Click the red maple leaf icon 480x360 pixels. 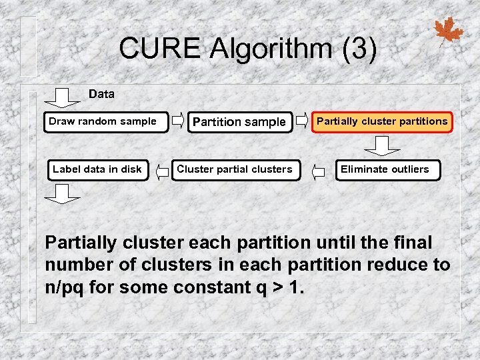click(x=448, y=31)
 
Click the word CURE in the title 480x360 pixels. click(x=159, y=48)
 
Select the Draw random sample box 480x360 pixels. click(x=105, y=122)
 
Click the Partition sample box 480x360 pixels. click(x=239, y=122)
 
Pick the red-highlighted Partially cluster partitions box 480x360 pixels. click(x=382, y=122)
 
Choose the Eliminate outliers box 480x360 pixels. click(x=385, y=169)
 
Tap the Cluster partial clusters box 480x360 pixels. click(x=234, y=169)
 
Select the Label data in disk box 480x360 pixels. click(x=97, y=169)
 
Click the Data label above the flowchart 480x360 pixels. click(x=101, y=94)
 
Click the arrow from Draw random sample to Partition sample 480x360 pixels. click(x=178, y=121)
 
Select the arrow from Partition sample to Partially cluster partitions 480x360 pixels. click(x=302, y=121)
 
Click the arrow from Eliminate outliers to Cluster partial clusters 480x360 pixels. click(x=319, y=171)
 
